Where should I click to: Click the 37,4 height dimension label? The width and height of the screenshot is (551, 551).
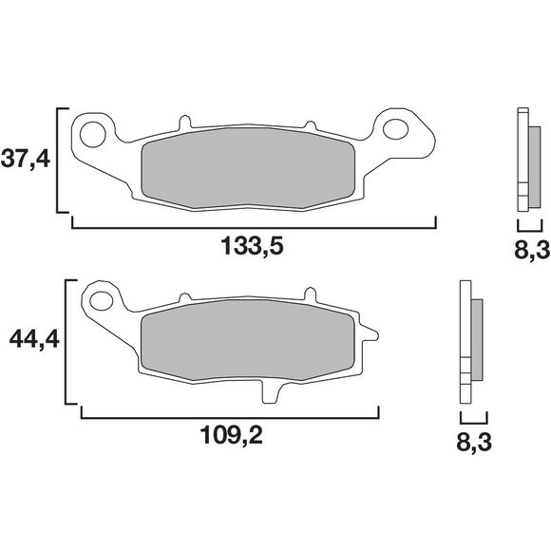pos(26,159)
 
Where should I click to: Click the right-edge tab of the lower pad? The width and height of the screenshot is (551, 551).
pos(370,332)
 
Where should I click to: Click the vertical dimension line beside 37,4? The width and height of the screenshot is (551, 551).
pos(59,160)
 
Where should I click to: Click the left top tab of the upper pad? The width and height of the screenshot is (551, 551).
pos(185,123)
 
